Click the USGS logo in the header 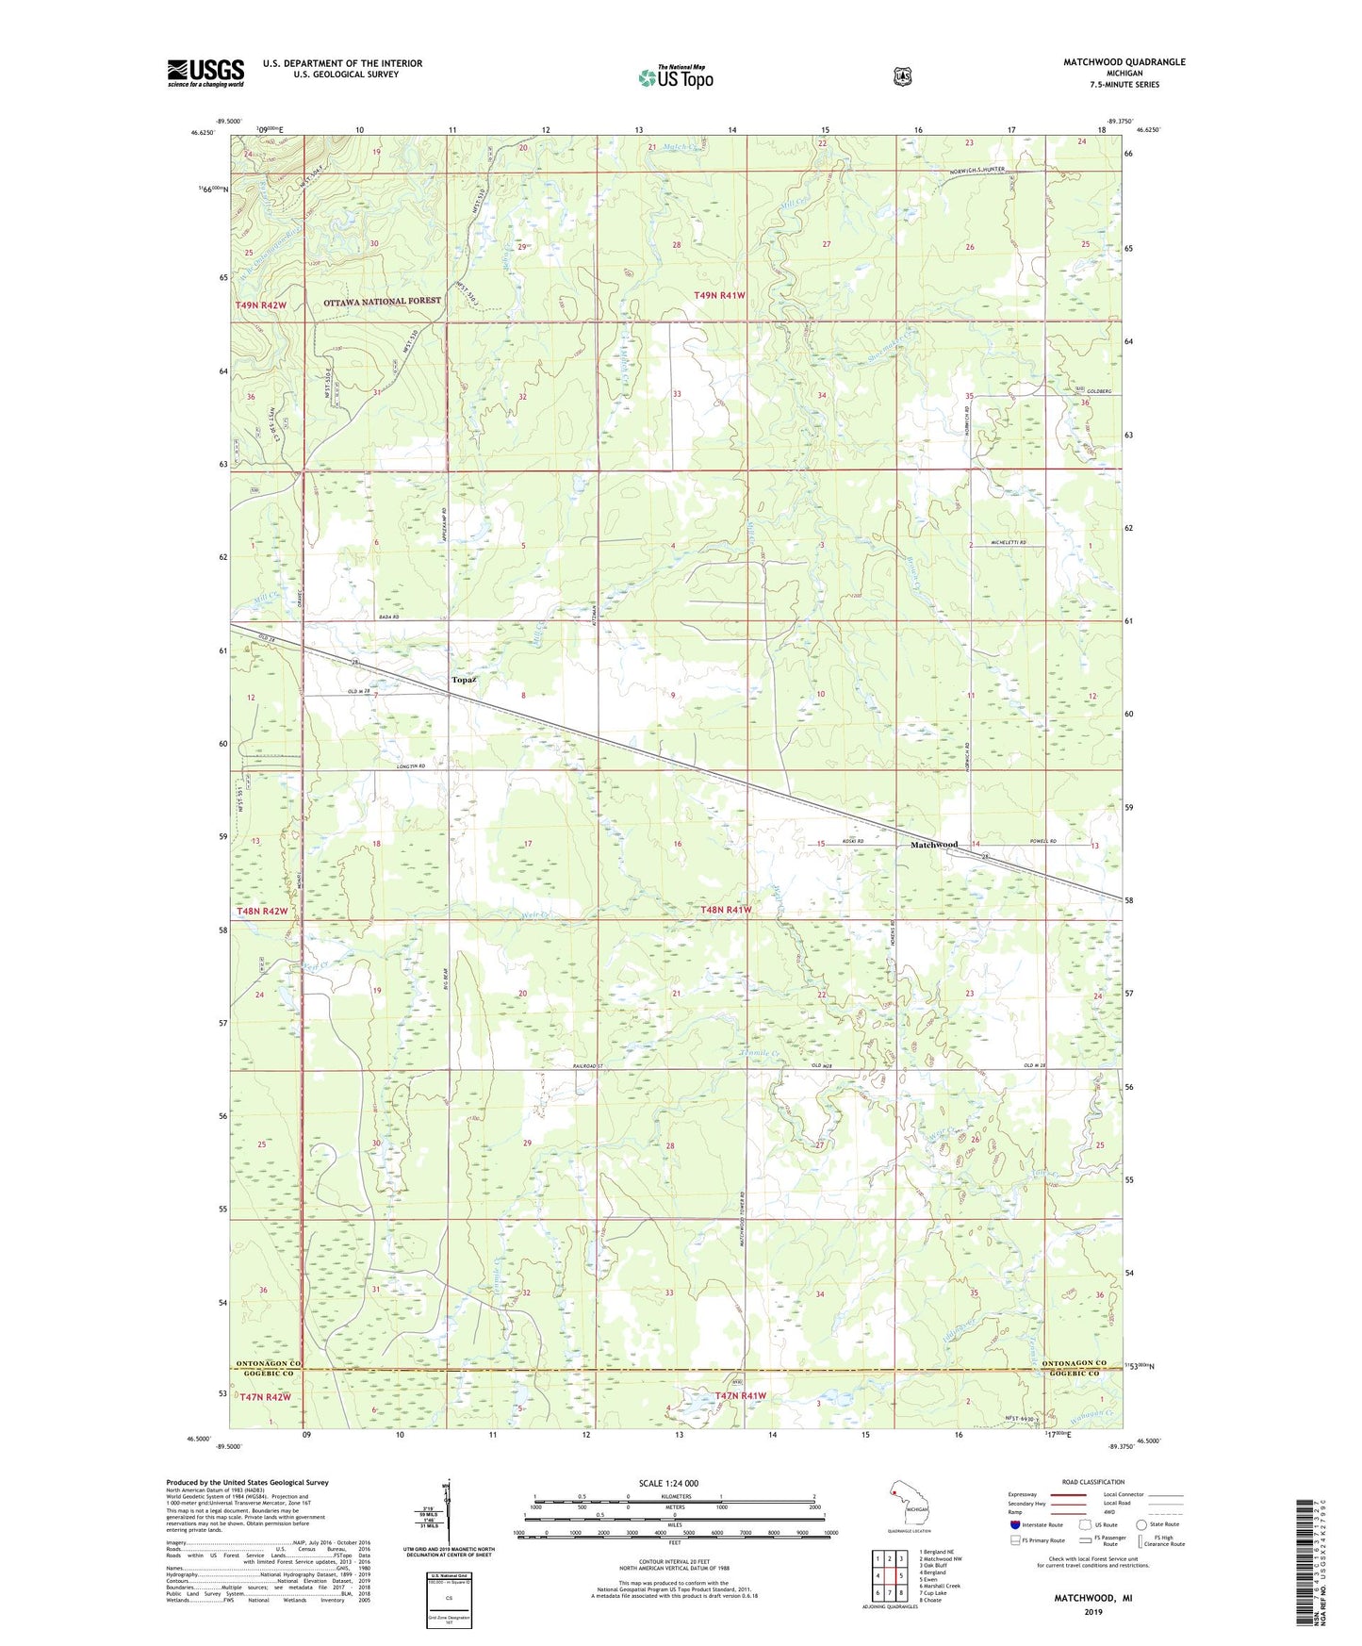click(205, 73)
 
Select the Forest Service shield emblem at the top click(902, 76)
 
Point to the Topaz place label click(463, 680)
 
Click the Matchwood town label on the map click(933, 845)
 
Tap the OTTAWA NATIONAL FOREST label click(382, 301)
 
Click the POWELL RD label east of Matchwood click(1042, 841)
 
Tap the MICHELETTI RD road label click(1008, 544)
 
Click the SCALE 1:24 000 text click(668, 1483)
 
